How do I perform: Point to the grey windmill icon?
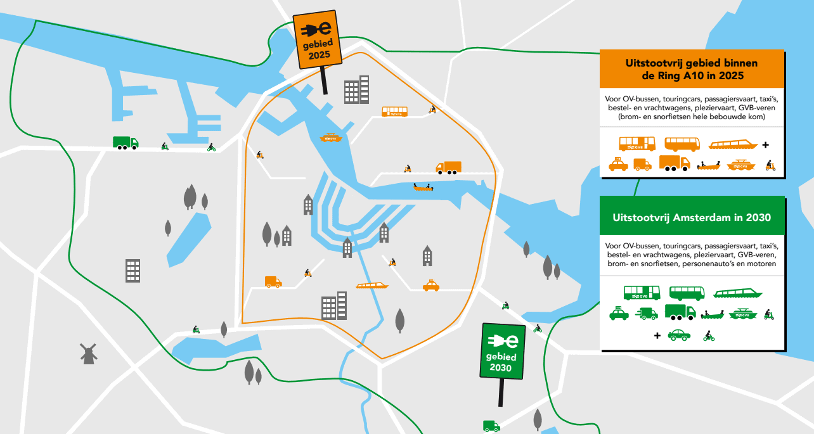tap(89, 353)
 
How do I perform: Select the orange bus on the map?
tap(394, 112)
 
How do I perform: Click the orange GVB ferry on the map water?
tap(331, 137)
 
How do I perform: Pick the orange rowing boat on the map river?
tap(423, 187)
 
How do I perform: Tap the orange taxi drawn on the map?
tap(431, 286)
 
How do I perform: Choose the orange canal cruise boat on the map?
tap(372, 286)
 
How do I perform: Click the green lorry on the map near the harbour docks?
tap(125, 143)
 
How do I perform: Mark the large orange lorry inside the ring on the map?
tap(448, 168)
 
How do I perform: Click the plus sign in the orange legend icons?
tap(765, 144)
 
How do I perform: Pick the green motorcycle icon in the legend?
tap(709, 336)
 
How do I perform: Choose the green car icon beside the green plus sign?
tap(679, 335)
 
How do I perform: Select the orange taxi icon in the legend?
tap(618, 164)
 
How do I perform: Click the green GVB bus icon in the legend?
tap(642, 293)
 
